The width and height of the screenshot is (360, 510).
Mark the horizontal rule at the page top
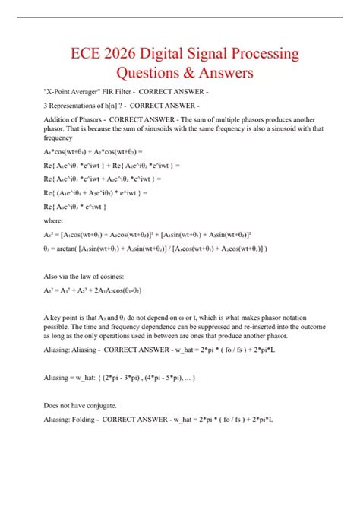[x=179, y=16]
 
